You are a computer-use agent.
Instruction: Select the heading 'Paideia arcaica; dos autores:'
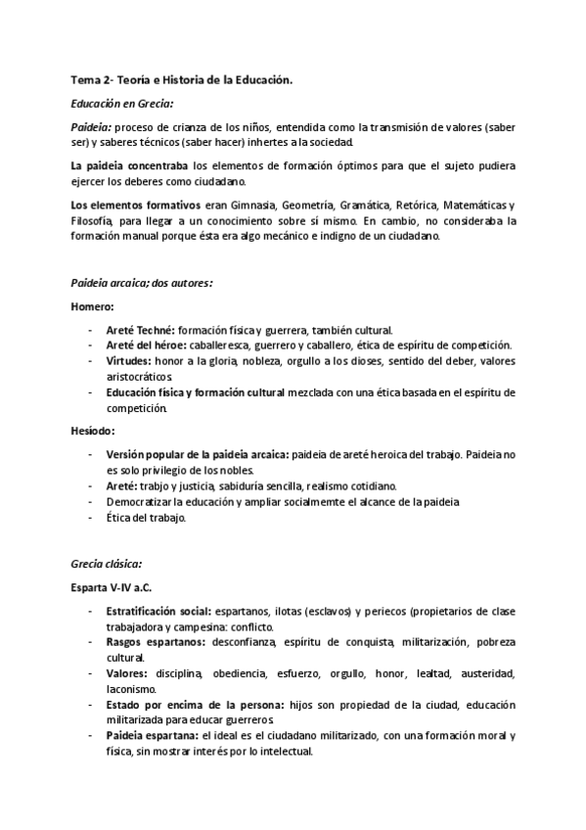point(142,283)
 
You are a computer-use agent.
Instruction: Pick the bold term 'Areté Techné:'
point(143,329)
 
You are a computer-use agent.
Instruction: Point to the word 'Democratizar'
point(142,501)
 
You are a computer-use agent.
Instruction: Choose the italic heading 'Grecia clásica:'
point(107,565)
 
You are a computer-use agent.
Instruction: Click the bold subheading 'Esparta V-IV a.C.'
point(112,587)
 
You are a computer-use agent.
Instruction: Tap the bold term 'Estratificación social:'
point(159,611)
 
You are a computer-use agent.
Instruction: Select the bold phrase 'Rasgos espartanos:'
point(150,642)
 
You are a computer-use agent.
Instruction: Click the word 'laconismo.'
point(134,688)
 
